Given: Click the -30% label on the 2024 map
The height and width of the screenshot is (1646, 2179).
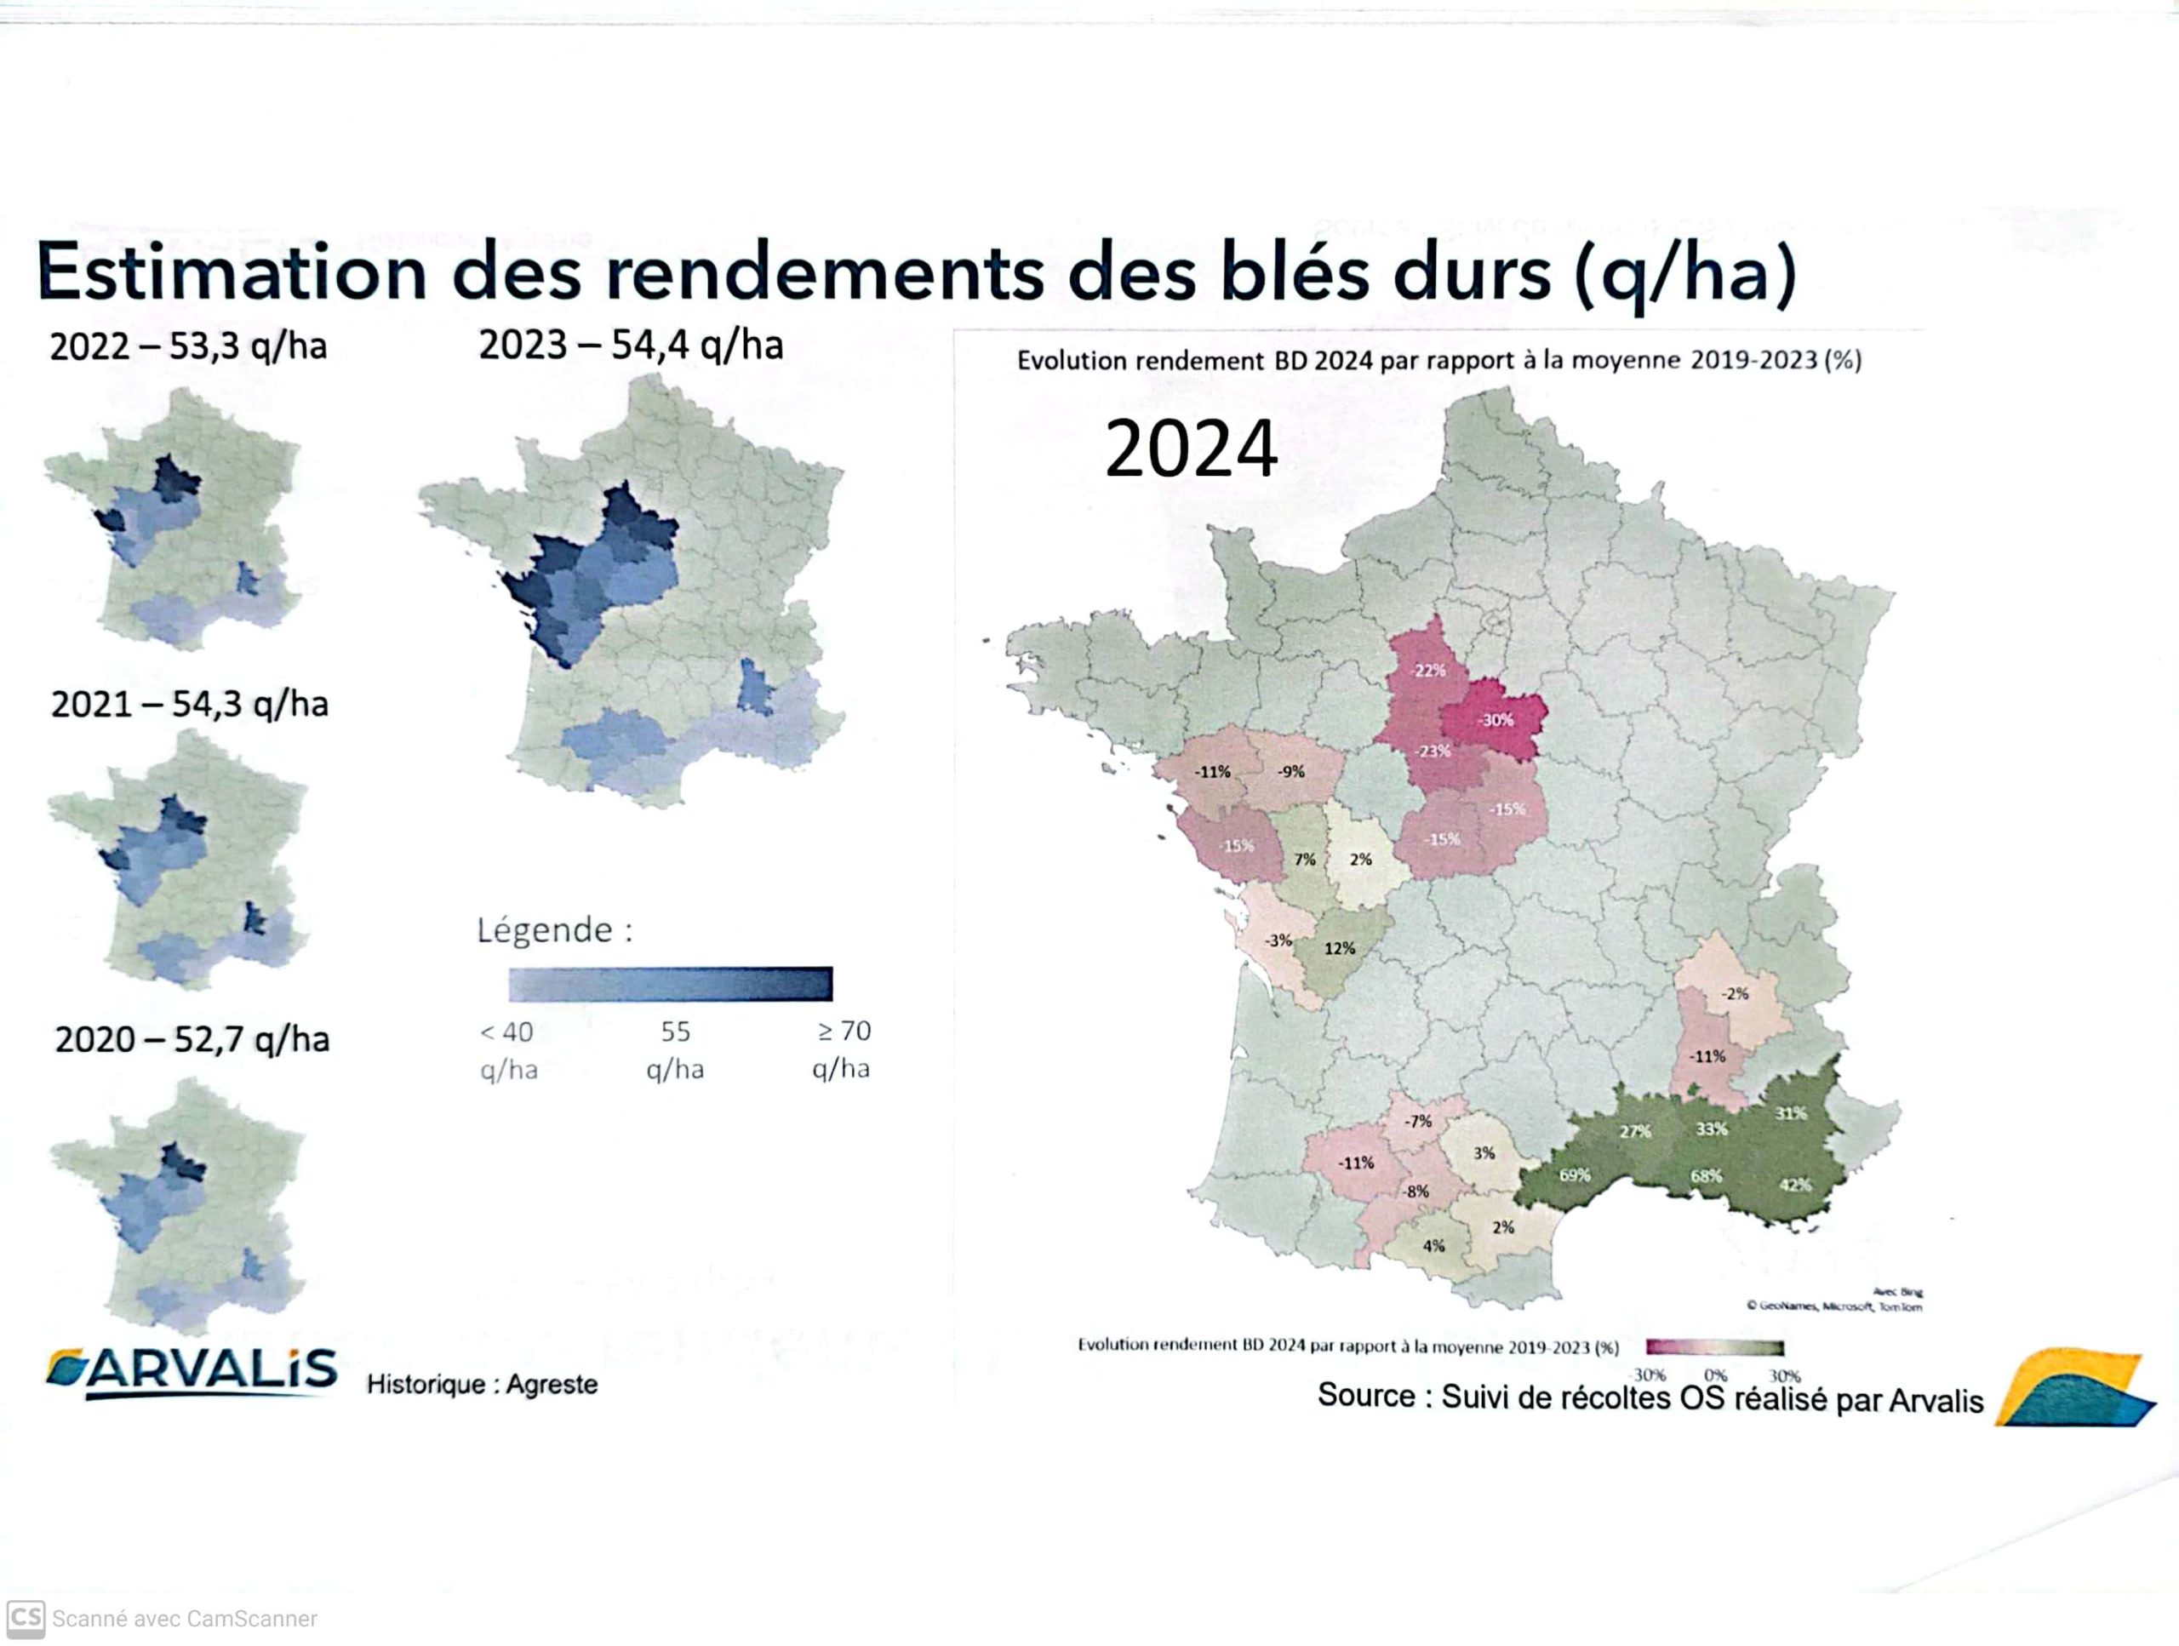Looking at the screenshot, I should (1495, 720).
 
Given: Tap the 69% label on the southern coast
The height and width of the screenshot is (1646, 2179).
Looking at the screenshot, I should (1574, 1174).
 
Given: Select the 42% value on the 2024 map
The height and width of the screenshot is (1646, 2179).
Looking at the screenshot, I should (1795, 1184).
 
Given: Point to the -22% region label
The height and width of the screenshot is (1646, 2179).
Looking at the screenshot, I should (1428, 671).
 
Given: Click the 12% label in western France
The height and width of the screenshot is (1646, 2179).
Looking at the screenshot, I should (1339, 949).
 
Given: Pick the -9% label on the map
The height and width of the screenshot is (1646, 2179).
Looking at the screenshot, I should (1290, 771).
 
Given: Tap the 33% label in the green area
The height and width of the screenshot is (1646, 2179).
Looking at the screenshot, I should (1711, 1129).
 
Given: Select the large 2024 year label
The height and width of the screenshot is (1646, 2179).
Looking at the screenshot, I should (1191, 449).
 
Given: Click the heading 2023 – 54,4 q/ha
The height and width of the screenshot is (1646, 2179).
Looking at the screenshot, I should (631, 346).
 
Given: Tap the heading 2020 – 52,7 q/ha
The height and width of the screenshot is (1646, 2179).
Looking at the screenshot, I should (192, 1039).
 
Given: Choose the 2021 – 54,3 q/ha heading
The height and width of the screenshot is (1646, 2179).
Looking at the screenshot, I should (189, 705).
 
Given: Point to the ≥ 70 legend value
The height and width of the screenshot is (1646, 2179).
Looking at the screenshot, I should (844, 1032).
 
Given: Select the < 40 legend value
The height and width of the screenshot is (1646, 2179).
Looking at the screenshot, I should (506, 1032).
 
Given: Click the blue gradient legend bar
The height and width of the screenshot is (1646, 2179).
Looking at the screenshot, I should (670, 983).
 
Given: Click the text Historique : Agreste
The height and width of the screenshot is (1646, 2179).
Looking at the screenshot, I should (482, 1384).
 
